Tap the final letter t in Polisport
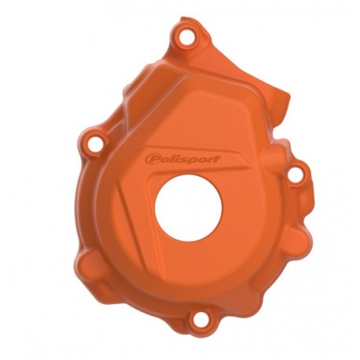click(x=217, y=160)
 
